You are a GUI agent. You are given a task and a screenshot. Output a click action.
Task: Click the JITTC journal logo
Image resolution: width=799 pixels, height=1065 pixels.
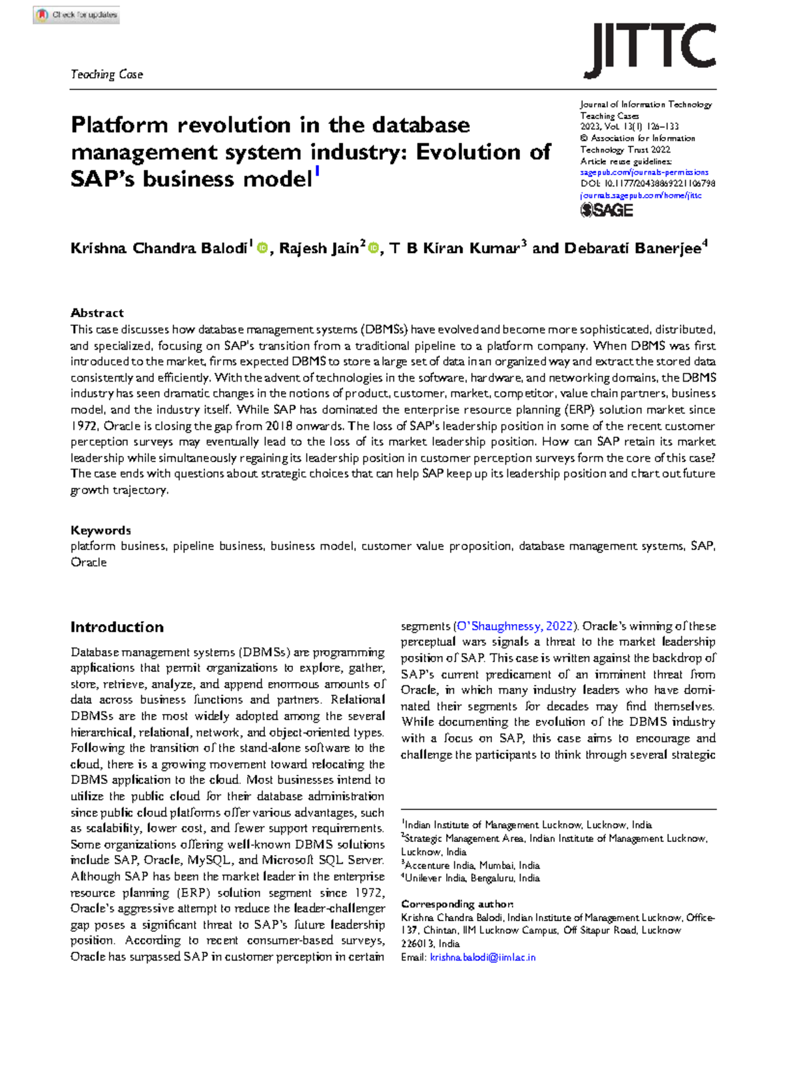[x=649, y=50]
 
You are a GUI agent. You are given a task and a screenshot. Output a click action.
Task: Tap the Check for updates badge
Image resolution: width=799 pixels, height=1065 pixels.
[x=77, y=15]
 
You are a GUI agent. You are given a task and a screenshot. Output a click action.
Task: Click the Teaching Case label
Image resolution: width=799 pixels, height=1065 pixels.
[x=107, y=75]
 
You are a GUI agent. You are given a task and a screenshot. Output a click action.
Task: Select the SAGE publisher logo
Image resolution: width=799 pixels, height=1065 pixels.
[x=607, y=210]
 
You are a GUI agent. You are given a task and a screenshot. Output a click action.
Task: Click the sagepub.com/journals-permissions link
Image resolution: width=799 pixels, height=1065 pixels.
[x=644, y=173]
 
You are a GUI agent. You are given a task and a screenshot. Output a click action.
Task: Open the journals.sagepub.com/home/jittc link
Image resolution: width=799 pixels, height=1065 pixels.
[x=641, y=195]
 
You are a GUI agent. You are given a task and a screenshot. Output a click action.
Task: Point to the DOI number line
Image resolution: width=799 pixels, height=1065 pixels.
[x=647, y=184]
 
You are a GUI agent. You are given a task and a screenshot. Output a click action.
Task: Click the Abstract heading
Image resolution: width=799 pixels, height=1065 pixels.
[x=97, y=313]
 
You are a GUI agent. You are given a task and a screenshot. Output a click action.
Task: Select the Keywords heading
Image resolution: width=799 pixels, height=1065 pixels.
[x=101, y=530]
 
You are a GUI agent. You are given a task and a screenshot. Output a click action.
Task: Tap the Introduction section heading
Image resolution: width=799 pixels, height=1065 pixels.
[x=117, y=627]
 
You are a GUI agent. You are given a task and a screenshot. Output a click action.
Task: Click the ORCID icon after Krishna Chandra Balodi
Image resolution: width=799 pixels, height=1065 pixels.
[x=262, y=248]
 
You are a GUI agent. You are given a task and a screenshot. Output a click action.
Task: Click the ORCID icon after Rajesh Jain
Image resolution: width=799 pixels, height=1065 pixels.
[x=373, y=248]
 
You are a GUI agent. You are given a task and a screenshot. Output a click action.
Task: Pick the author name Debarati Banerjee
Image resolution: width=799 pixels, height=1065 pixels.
[x=632, y=248]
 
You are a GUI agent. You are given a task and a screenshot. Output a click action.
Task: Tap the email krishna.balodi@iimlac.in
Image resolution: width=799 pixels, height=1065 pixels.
[x=482, y=957]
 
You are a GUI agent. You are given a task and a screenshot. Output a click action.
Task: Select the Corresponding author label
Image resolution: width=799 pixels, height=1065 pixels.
[x=457, y=904]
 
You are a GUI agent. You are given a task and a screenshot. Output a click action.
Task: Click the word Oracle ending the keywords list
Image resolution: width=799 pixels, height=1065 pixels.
[x=89, y=562]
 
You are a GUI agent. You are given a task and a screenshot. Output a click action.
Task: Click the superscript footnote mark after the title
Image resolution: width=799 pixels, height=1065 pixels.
[x=318, y=173]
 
